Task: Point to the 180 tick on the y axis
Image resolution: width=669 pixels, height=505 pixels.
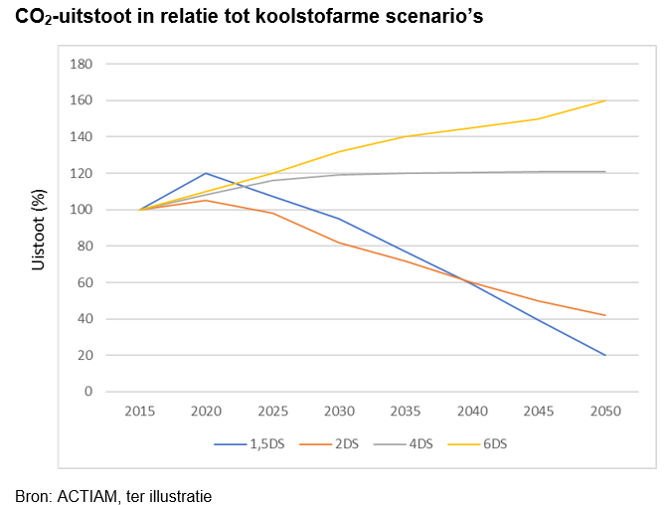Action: pyautogui.click(x=82, y=65)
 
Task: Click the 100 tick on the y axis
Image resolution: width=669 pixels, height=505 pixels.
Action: pyautogui.click(x=82, y=210)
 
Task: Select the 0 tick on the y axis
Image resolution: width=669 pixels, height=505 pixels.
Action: pyautogui.click(x=87, y=392)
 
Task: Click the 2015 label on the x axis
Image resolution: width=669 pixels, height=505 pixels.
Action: pyautogui.click(x=141, y=411)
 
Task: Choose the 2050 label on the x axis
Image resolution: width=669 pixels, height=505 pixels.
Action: pyautogui.click(x=605, y=411)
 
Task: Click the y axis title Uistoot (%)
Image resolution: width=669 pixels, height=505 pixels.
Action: pyautogui.click(x=40, y=228)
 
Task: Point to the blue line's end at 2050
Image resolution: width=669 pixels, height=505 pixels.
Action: pyautogui.click(x=605, y=355)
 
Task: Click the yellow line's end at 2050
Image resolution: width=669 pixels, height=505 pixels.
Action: pyautogui.click(x=605, y=100)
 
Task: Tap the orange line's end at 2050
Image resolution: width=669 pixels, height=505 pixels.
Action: pyautogui.click(x=605, y=315)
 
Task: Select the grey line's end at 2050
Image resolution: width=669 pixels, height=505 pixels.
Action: pyautogui.click(x=605, y=172)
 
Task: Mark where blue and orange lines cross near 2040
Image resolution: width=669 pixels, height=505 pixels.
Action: pyautogui.click(x=469, y=281)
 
